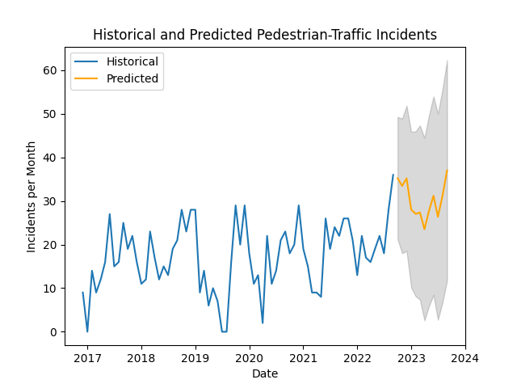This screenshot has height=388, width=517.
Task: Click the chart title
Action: click(265, 35)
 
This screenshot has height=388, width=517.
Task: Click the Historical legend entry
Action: click(132, 61)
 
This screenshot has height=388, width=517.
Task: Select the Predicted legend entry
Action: click(132, 79)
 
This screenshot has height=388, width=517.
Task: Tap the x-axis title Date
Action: click(265, 373)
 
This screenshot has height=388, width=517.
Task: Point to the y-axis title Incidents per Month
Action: click(32, 196)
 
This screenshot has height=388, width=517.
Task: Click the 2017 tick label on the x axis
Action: click(87, 357)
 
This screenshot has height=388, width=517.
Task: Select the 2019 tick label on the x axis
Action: click(195, 357)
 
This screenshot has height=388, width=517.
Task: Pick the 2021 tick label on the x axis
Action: click(303, 357)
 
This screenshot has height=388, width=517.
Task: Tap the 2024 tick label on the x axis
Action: click(465, 357)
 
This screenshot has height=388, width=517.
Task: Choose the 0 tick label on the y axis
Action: click(52, 332)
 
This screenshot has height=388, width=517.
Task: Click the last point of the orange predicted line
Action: click(448, 170)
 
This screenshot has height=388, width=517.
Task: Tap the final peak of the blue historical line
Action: click(393, 175)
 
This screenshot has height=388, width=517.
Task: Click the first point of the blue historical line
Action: click(82, 293)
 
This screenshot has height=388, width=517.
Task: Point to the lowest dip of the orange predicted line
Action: click(425, 229)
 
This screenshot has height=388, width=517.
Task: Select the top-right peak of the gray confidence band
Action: click(448, 61)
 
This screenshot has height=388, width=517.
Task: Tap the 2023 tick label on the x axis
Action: click(411, 357)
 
